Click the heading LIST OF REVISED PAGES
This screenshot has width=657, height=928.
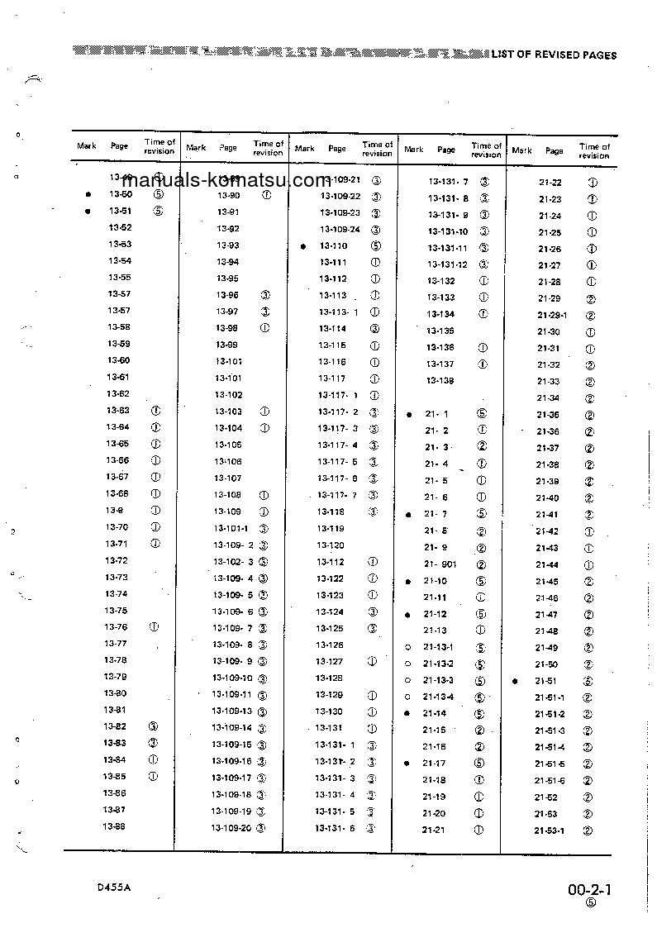click(x=554, y=55)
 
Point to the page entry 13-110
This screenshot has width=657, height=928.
click(x=333, y=246)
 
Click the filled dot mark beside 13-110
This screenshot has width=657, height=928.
click(x=304, y=246)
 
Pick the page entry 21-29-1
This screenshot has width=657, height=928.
click(x=551, y=316)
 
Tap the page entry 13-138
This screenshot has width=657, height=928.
click(x=440, y=380)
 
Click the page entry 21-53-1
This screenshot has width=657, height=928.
click(x=549, y=830)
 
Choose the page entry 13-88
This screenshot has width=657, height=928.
click(x=113, y=827)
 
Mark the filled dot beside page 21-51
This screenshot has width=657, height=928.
click(x=515, y=682)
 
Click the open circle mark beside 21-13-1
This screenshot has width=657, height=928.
click(x=407, y=648)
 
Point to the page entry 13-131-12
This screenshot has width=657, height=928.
click(x=447, y=264)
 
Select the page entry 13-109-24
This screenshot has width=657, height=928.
click(x=340, y=230)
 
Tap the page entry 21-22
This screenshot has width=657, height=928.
click(x=550, y=183)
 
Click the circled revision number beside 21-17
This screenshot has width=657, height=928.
click(x=479, y=763)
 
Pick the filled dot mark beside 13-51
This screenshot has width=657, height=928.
click(x=88, y=212)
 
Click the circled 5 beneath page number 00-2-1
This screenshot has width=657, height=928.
click(x=590, y=903)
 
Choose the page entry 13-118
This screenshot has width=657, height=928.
click(x=331, y=512)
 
